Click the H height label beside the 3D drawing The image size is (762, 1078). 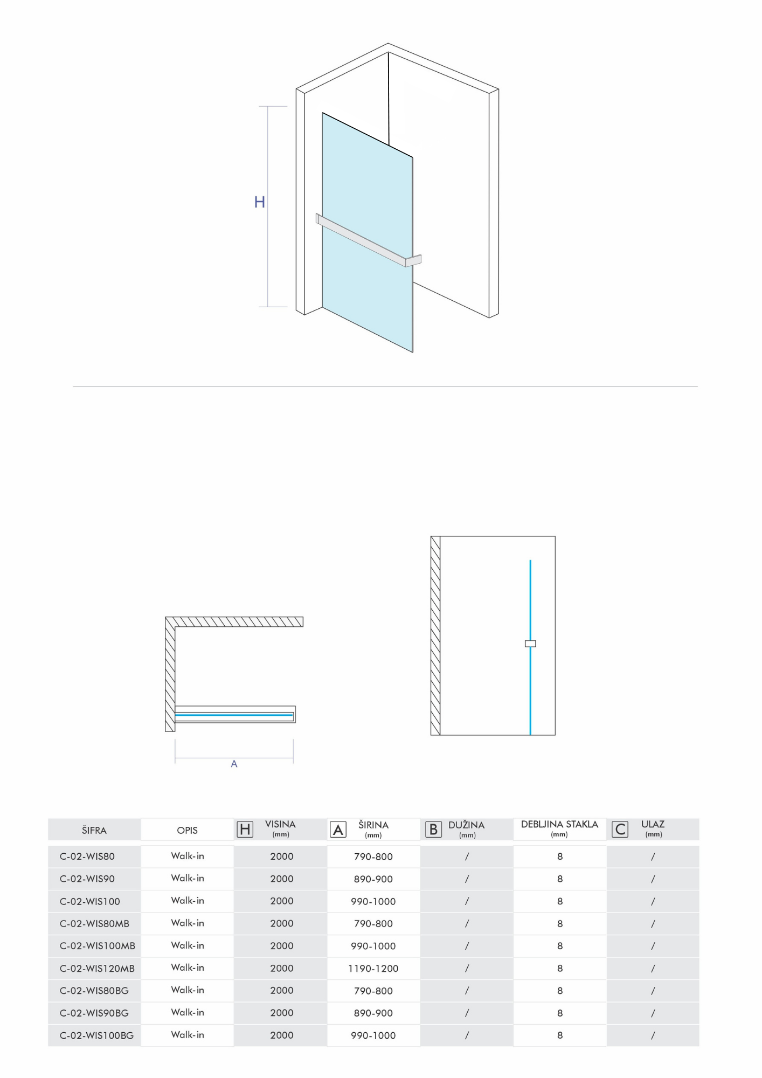point(259,202)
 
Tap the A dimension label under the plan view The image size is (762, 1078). point(234,764)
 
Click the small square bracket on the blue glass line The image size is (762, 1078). point(530,644)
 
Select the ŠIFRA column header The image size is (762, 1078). point(94,830)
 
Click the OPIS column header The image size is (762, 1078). point(187,830)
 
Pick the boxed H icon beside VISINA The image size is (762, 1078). point(245,830)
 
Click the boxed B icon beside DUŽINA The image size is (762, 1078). point(433,830)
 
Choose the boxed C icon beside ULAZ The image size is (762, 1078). point(620,830)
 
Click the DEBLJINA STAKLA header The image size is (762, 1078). point(559,825)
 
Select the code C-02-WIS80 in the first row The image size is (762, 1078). point(87,856)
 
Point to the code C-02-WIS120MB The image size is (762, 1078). point(97,969)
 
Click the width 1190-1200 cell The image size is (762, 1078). point(373,969)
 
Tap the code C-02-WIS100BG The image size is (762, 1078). point(96,1035)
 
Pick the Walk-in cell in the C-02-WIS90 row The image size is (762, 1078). point(188,879)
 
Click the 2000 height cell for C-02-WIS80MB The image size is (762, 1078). point(282,924)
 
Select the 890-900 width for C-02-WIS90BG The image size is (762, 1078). point(373,1013)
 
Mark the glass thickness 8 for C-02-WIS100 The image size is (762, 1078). point(560,901)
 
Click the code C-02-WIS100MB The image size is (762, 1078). point(98,946)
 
